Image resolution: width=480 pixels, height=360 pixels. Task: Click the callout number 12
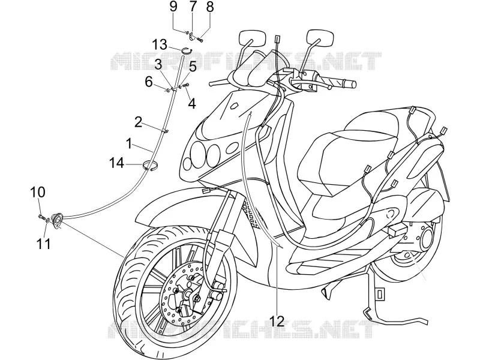(277, 320)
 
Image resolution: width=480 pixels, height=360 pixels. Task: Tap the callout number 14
(116, 163)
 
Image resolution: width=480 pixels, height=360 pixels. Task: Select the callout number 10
(38, 192)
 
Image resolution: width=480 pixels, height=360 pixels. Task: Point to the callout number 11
(43, 244)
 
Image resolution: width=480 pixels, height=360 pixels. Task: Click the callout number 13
(160, 44)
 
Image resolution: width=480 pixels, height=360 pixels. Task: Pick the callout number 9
(173, 6)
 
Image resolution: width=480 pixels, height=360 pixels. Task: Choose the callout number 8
(209, 7)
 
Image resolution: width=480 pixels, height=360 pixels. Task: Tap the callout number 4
(191, 103)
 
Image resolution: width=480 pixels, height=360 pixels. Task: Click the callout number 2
(139, 122)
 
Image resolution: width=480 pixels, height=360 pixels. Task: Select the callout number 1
(130, 143)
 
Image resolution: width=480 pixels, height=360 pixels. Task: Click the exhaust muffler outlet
(426, 237)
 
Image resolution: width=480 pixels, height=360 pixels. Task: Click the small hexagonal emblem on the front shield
(234, 106)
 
